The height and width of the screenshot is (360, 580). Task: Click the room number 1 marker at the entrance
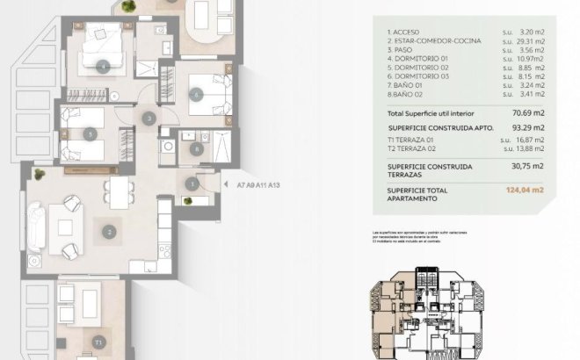[x=192, y=183]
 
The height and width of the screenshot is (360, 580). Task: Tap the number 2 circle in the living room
[x=109, y=233]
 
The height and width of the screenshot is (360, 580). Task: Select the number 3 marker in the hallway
[x=149, y=118]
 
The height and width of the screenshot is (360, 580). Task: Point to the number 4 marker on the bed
[x=105, y=66]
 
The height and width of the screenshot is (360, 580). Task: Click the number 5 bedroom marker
[x=92, y=133]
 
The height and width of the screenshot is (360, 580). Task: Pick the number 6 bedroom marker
[x=196, y=93]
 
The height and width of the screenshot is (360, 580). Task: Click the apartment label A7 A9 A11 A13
[x=257, y=185]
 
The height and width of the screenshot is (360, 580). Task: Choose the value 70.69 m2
[x=526, y=114]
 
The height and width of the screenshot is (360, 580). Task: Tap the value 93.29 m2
[x=526, y=129]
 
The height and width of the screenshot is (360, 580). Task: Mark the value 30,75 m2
[x=526, y=167]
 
